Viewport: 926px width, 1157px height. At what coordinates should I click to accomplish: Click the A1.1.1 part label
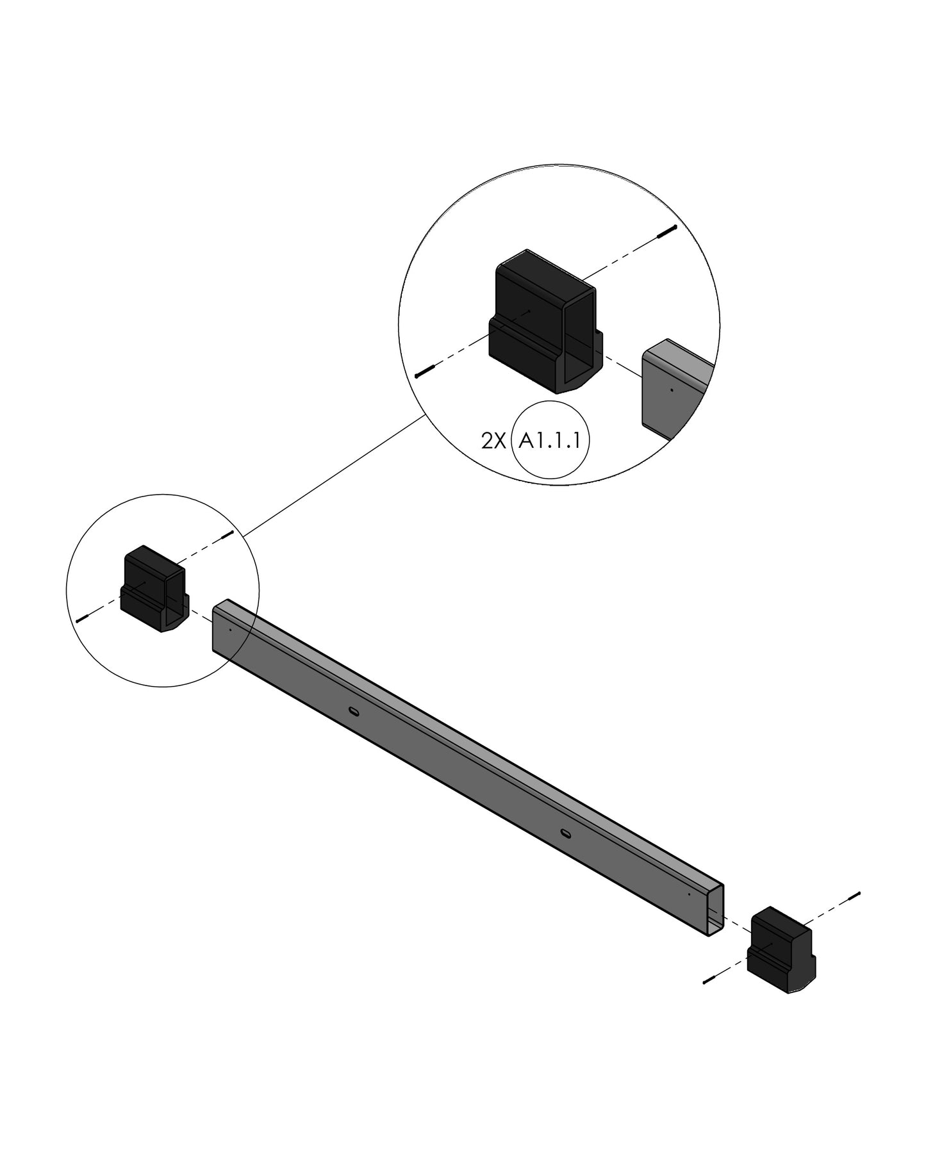551,440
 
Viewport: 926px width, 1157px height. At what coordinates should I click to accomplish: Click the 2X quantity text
493,441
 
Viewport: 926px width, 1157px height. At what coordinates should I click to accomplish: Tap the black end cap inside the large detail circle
545,322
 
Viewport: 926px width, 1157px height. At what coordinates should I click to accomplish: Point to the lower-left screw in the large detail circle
426,371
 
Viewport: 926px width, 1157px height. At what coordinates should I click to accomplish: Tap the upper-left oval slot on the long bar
353,710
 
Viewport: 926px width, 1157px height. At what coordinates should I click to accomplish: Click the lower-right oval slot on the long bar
566,833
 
